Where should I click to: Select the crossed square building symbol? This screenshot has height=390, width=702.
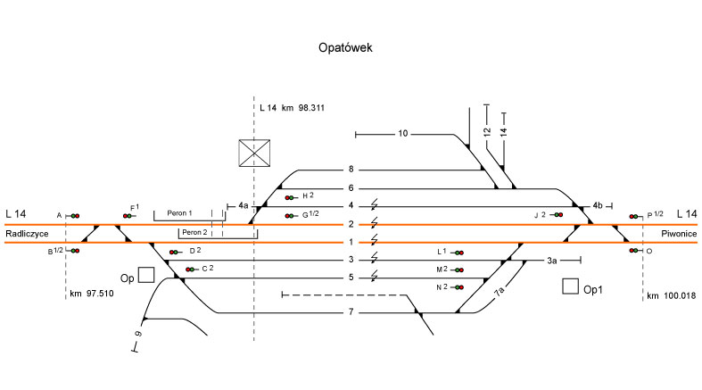(x=253, y=153)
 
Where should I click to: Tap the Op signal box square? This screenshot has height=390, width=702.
(x=146, y=275)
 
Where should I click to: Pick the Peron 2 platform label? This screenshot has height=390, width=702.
(x=194, y=232)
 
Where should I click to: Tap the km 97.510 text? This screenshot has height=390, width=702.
(x=94, y=293)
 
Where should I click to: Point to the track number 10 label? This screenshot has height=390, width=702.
(x=402, y=134)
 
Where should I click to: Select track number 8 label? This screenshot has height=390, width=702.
(x=351, y=170)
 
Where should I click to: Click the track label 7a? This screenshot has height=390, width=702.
(x=500, y=291)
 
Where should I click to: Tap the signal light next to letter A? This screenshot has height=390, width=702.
(x=74, y=216)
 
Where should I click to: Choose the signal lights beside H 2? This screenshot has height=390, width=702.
(x=291, y=197)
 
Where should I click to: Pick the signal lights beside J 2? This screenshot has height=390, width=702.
(x=557, y=215)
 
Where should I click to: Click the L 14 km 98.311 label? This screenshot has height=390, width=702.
(x=291, y=108)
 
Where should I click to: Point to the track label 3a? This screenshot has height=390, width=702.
(x=552, y=260)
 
